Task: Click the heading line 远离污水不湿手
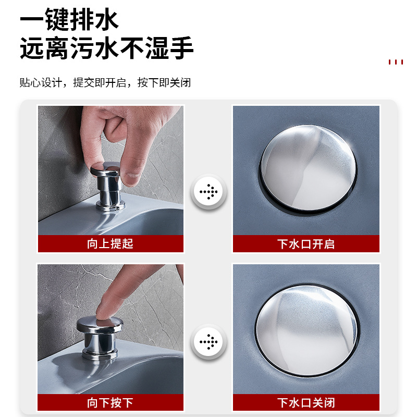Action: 107,48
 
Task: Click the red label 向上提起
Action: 111,244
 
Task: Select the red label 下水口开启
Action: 306,244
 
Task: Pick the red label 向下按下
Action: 111,402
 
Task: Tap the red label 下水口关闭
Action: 306,402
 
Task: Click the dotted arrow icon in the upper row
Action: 208,192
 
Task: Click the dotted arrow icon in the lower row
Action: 208,342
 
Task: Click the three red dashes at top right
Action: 396,62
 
